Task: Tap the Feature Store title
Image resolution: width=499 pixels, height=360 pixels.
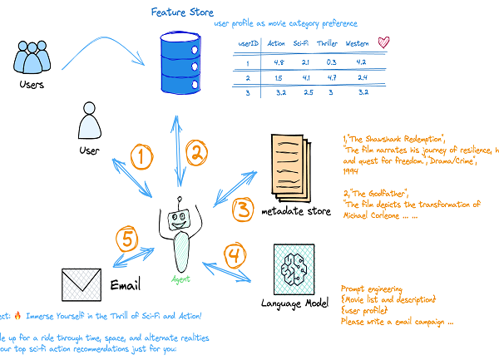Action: pyautogui.click(x=182, y=12)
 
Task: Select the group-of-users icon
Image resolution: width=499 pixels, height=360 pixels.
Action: pyautogui.click(x=32, y=57)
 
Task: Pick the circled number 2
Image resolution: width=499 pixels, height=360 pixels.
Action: pyautogui.click(x=196, y=151)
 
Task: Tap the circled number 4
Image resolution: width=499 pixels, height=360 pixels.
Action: pyautogui.click(x=235, y=254)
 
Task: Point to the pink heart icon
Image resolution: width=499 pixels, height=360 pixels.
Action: pyautogui.click(x=383, y=42)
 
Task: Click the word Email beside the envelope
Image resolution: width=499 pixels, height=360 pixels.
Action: pyautogui.click(x=126, y=285)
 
